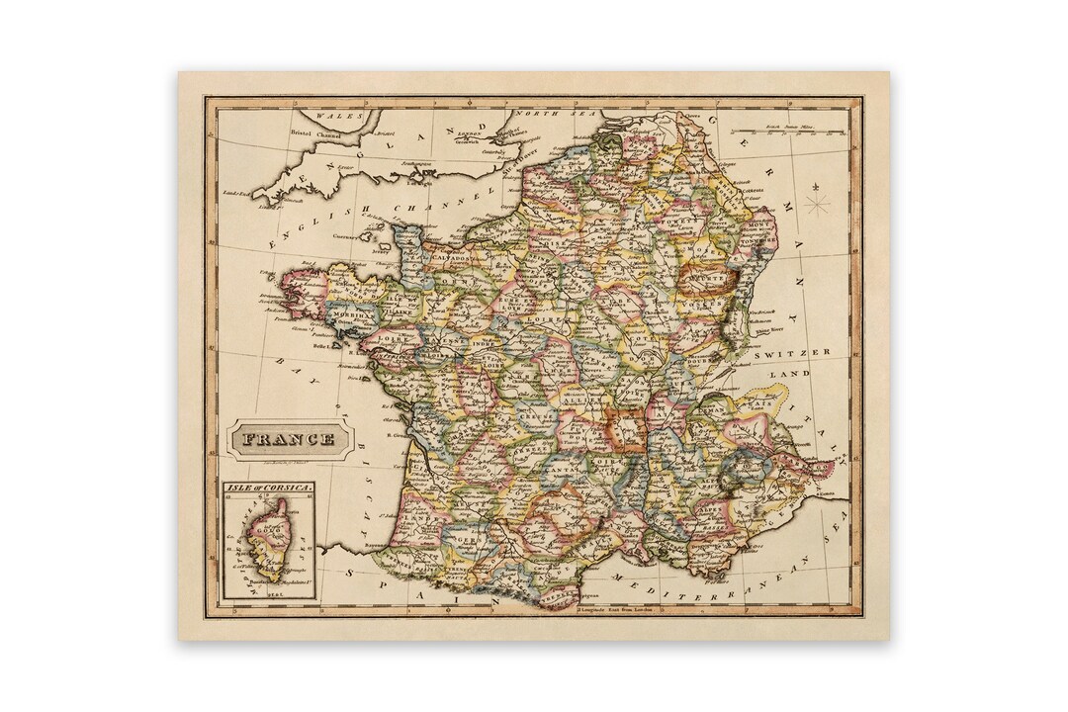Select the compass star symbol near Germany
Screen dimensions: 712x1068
click(817, 205)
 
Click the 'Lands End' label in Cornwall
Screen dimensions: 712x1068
click(237, 193)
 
